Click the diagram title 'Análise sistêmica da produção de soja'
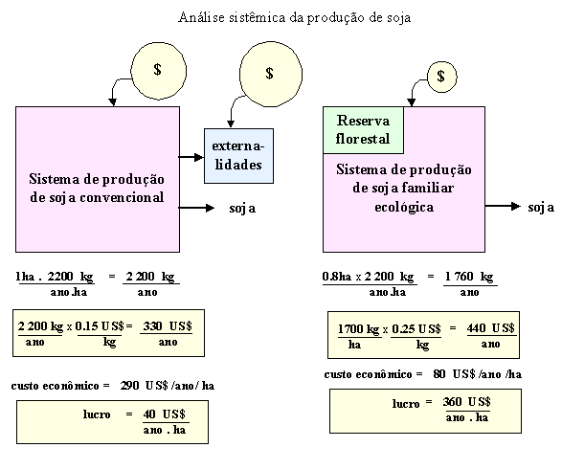tap(294, 17)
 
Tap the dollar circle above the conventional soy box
tap(159, 71)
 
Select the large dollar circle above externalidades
tap(271, 74)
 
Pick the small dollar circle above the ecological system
tap(442, 77)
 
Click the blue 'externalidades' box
tap(238, 156)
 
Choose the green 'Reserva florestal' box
tap(363, 130)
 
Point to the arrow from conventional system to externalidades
tap(191, 157)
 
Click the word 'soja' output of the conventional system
tap(242, 208)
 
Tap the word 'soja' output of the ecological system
tap(541, 207)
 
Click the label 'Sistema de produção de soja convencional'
tap(97, 188)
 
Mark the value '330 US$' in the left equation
tap(168, 326)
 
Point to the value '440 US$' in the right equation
tap(491, 327)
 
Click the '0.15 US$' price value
tap(100, 326)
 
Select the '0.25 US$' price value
tap(416, 328)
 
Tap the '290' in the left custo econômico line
tap(130, 386)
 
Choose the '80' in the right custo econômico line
tap(439, 374)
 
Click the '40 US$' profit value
tap(164, 414)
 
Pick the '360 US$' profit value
tap(466, 402)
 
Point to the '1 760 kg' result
tap(469, 277)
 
